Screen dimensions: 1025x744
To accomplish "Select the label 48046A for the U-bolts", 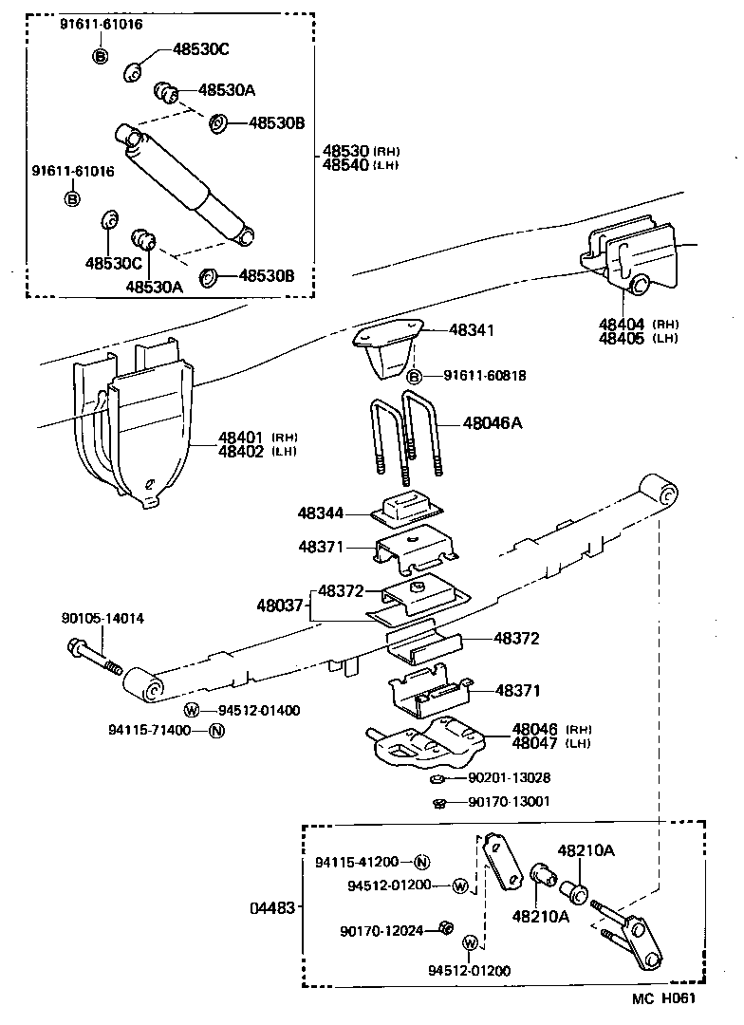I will pyautogui.click(x=493, y=423).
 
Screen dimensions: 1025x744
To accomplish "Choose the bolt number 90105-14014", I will pyautogui.click(x=103, y=619).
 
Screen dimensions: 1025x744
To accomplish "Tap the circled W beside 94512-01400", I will pyautogui.click(x=191, y=710).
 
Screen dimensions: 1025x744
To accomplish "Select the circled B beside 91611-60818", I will pyautogui.click(x=415, y=377).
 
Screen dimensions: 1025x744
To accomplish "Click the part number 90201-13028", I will pyautogui.click(x=510, y=778).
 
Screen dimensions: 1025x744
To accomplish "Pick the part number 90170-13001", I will pyautogui.click(x=510, y=802).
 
